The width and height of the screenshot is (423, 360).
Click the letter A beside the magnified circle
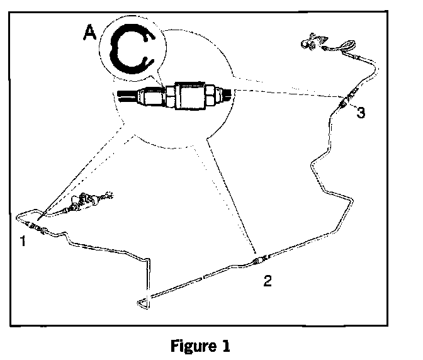[x=91, y=33]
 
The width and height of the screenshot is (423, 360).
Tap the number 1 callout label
[x=23, y=241]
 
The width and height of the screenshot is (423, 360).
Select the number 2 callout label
[x=268, y=281]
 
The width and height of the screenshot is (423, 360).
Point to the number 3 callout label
[x=360, y=113]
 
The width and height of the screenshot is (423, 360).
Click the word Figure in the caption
[x=190, y=346]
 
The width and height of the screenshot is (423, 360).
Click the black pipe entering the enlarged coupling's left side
[x=126, y=98]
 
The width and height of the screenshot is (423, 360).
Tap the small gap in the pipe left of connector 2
[x=202, y=276]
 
